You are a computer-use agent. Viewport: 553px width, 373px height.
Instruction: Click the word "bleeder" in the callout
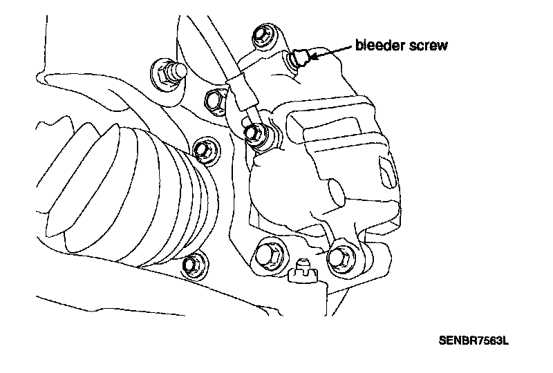click(382, 46)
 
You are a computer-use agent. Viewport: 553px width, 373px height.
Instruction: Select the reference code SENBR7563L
click(474, 341)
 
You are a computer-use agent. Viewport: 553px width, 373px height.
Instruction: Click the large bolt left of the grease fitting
click(268, 254)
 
